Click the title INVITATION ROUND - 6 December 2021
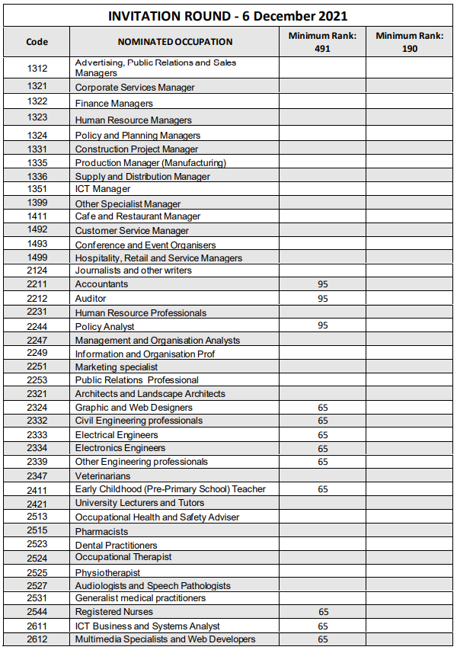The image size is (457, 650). click(x=228, y=16)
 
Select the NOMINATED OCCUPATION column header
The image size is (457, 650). click(x=175, y=42)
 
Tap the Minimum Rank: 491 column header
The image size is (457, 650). click(x=322, y=42)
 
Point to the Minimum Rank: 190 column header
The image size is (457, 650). click(x=410, y=42)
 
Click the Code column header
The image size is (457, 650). click(x=37, y=42)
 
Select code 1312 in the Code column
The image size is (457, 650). click(x=37, y=68)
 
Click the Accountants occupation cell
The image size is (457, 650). click(x=101, y=284)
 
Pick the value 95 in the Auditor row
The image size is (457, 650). click(x=322, y=299)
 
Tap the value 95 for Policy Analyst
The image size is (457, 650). click(x=322, y=325)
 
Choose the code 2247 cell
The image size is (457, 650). click(x=37, y=340)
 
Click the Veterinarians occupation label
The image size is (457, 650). click(x=103, y=476)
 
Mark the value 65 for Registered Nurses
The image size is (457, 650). click(x=323, y=612)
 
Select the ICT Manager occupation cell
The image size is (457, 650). click(x=103, y=189)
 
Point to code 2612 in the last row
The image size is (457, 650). click(x=37, y=639)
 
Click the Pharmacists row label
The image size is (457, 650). click(x=101, y=531)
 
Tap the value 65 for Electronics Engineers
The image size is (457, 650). click(x=323, y=449)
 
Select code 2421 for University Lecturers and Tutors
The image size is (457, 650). click(x=37, y=504)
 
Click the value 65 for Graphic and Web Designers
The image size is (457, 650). click(x=323, y=408)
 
